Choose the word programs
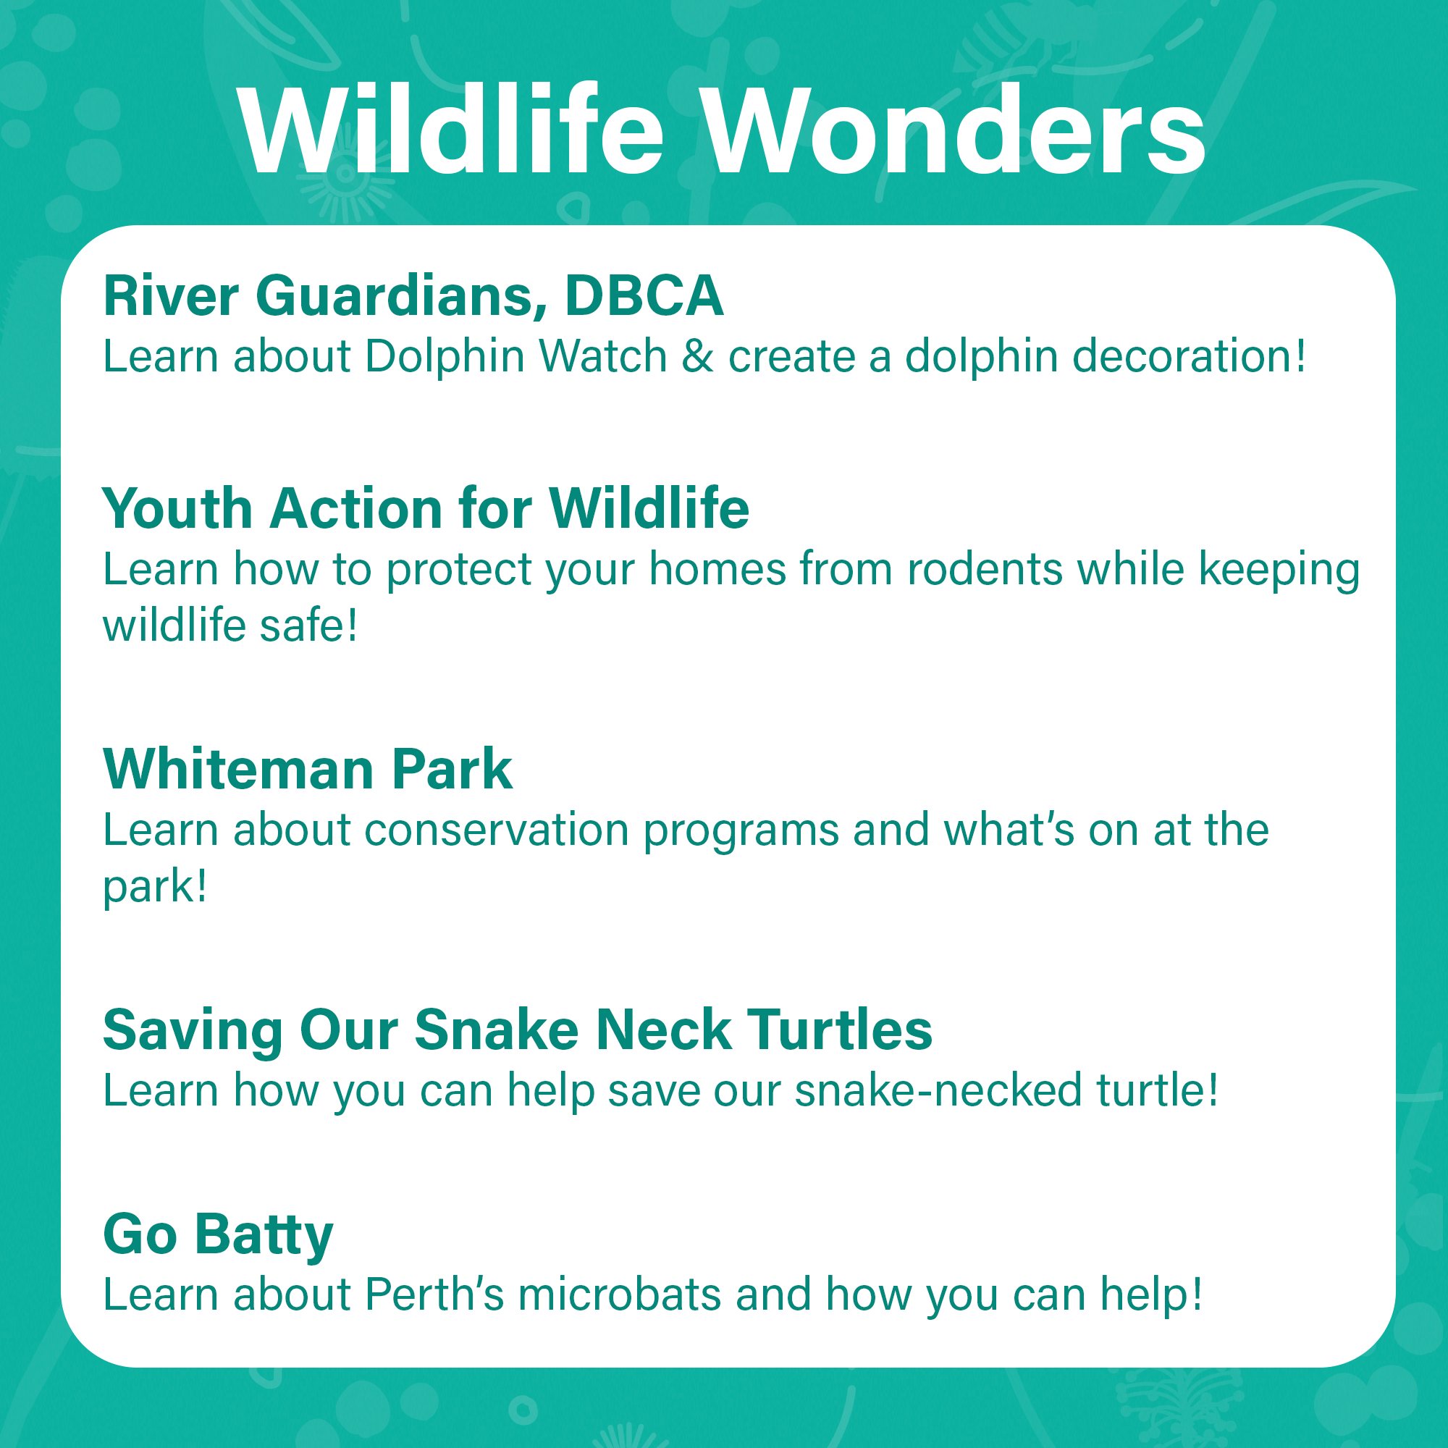(x=741, y=833)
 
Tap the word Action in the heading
(x=356, y=509)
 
